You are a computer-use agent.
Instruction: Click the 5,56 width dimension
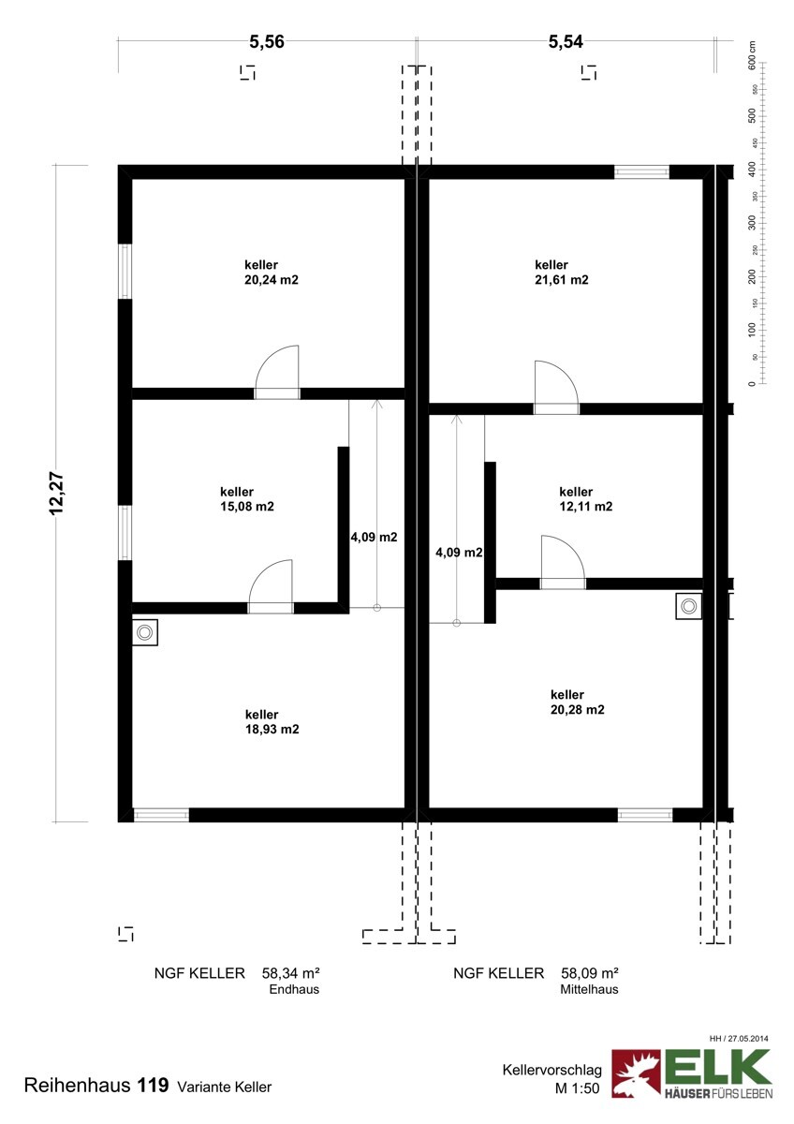267,42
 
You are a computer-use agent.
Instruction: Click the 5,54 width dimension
566,42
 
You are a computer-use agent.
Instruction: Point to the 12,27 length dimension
57,494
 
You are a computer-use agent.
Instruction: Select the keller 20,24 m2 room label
272,272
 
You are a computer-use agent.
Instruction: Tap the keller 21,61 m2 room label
561,272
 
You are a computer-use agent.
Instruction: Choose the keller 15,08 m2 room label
247,498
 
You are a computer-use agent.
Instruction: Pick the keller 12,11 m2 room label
586,498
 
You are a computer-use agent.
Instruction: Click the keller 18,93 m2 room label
272,721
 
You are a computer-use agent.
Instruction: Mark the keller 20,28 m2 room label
578,702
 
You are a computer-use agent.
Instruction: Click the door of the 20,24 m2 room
277,372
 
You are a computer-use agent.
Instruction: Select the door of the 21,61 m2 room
556,387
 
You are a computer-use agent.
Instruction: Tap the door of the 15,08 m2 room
271,586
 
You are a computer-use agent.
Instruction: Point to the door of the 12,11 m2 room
563,562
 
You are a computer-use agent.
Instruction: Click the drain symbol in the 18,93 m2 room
144,632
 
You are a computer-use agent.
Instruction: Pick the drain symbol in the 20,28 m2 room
689,606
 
